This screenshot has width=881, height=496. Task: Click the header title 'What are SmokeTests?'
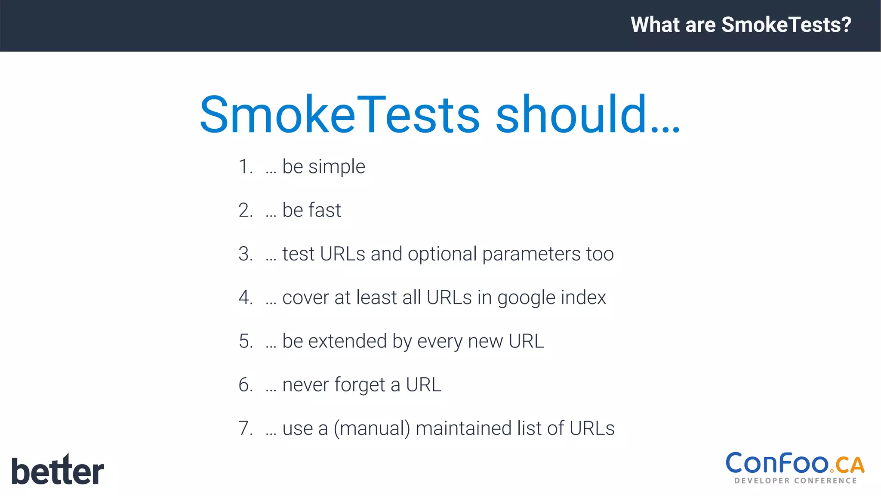tap(741, 25)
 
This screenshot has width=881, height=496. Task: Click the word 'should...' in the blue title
tap(588, 115)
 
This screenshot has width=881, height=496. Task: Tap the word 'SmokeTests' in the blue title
tap(340, 115)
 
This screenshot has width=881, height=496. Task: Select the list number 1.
tap(245, 167)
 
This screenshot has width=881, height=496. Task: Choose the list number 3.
tap(245, 254)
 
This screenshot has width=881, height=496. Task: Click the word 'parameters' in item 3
tap(531, 254)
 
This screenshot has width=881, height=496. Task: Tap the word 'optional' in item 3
tap(442, 254)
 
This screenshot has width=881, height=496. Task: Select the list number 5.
tap(245, 341)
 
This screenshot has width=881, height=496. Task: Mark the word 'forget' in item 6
tap(360, 385)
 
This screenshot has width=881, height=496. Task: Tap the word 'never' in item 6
tap(305, 385)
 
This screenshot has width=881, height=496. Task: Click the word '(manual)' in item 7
tap(372, 429)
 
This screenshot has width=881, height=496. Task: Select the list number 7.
tap(245, 428)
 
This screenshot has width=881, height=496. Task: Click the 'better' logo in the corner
tap(58, 470)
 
